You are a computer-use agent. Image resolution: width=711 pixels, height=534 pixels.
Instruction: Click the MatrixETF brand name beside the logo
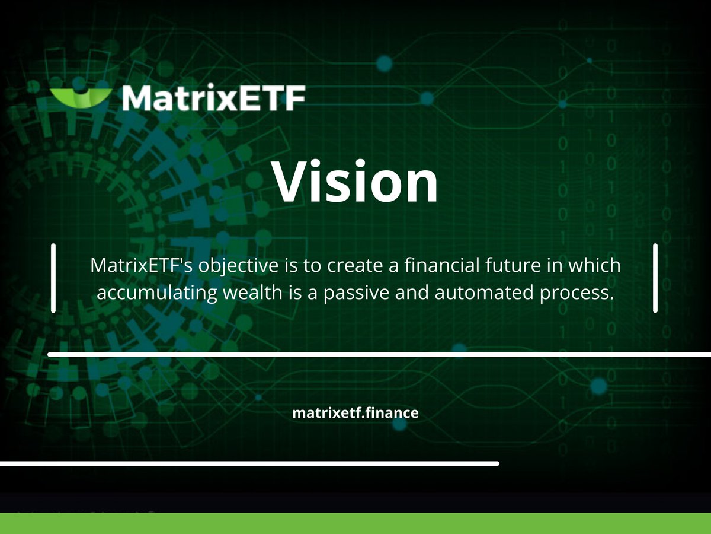point(213,98)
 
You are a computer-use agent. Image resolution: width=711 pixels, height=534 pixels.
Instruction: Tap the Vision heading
point(355,180)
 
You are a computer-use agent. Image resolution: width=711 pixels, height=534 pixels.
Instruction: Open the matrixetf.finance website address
point(355,413)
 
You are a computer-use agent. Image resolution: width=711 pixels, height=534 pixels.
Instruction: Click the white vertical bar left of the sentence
point(53,278)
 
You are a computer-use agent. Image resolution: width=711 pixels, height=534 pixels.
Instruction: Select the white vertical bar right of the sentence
point(655,278)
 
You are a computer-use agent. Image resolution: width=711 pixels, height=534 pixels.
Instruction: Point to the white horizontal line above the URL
point(379,355)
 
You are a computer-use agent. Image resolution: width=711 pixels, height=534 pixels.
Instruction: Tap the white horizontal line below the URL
point(249,463)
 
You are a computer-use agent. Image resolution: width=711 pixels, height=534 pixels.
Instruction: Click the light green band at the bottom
point(355,523)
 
